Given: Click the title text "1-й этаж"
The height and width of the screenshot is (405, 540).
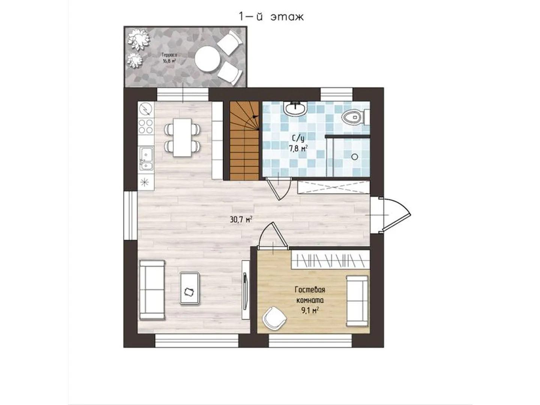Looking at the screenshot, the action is (x=271, y=17).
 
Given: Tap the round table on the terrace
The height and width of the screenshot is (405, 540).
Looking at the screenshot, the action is (x=208, y=59).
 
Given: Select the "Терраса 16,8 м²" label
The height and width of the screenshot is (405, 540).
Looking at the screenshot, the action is (x=169, y=58).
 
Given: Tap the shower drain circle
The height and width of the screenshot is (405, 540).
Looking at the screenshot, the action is (x=355, y=157).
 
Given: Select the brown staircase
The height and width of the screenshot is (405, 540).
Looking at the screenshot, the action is (x=244, y=141).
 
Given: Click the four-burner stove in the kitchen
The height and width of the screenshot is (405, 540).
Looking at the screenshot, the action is (x=146, y=126).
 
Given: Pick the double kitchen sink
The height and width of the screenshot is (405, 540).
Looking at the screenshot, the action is (x=146, y=158).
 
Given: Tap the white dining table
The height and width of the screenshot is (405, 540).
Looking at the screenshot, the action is (x=182, y=138).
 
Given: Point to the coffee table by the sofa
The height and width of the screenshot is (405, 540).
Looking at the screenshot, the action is (x=189, y=288).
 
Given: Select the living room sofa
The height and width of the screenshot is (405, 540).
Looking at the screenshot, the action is (x=152, y=290).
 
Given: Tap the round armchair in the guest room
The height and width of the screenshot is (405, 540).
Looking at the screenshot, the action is (x=274, y=318).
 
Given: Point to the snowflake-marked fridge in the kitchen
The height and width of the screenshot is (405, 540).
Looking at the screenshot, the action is (x=146, y=182).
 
